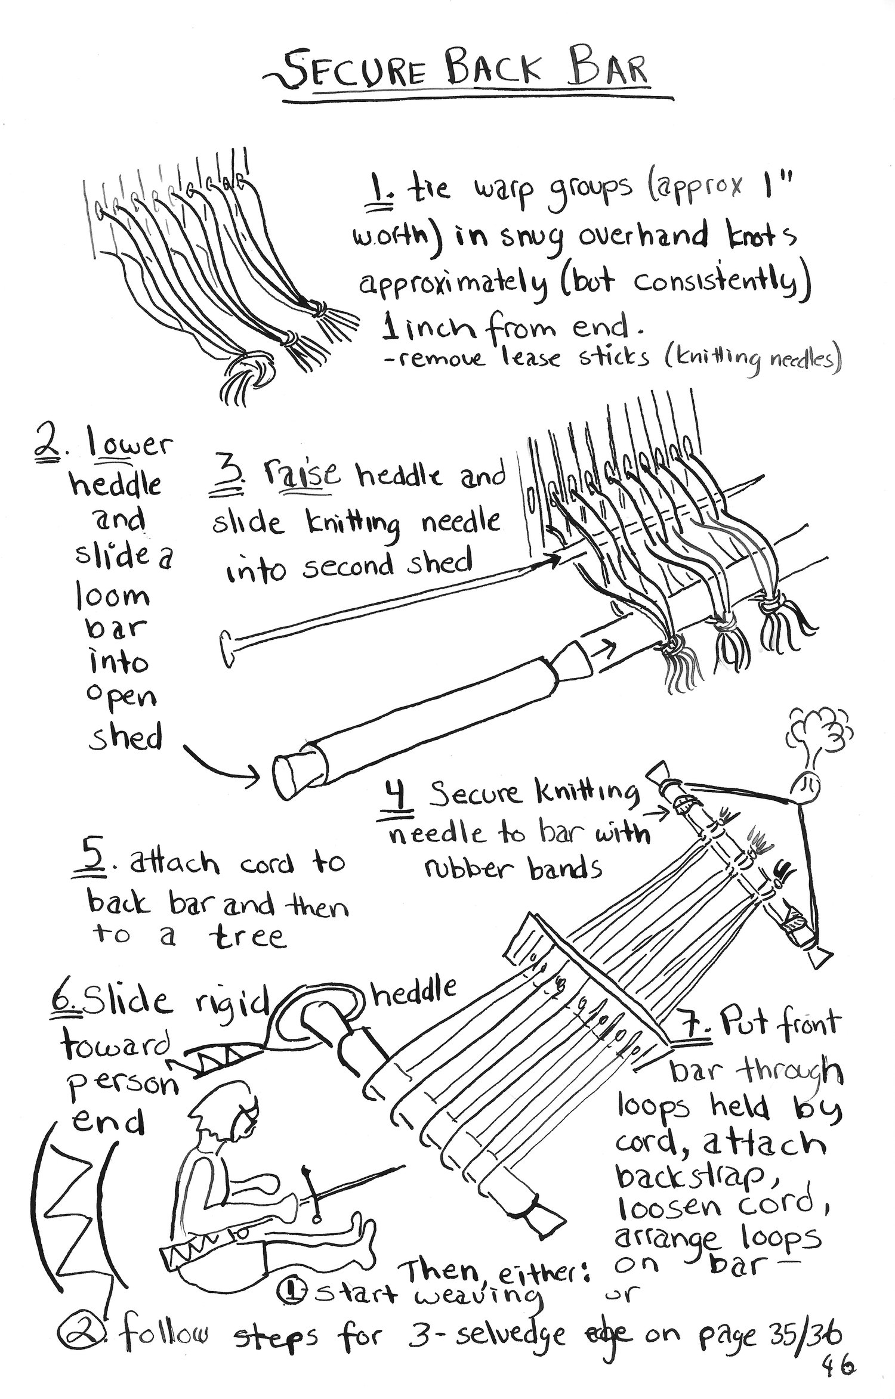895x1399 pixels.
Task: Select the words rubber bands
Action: point(513,870)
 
